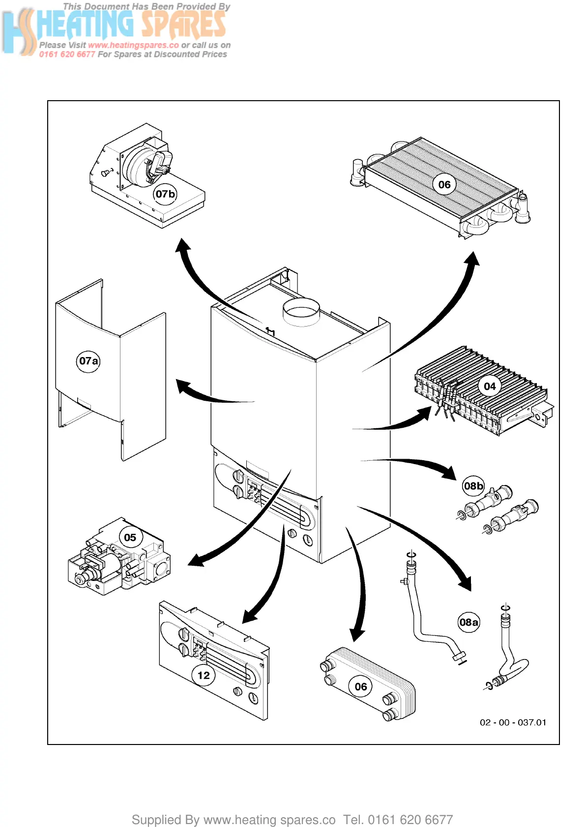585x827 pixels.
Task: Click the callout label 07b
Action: pyautogui.click(x=165, y=194)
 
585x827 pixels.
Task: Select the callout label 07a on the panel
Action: pyautogui.click(x=88, y=361)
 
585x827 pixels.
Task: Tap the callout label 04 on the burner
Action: pyautogui.click(x=490, y=386)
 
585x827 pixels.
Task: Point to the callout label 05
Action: pyautogui.click(x=130, y=537)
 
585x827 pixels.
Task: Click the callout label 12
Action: pyautogui.click(x=204, y=675)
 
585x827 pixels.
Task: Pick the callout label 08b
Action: pyautogui.click(x=473, y=486)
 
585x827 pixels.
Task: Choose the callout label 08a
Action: pyautogui.click(x=468, y=622)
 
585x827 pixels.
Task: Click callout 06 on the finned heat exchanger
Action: pyautogui.click(x=444, y=185)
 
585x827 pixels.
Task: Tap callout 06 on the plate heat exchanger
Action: pyautogui.click(x=361, y=687)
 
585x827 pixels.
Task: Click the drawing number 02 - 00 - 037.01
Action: pyautogui.click(x=513, y=722)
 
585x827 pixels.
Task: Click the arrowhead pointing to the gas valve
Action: pyautogui.click(x=196, y=560)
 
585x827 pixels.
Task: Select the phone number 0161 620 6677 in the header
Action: pyautogui.click(x=67, y=55)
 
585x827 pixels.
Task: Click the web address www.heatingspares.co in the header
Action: pyautogui.click(x=133, y=45)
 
